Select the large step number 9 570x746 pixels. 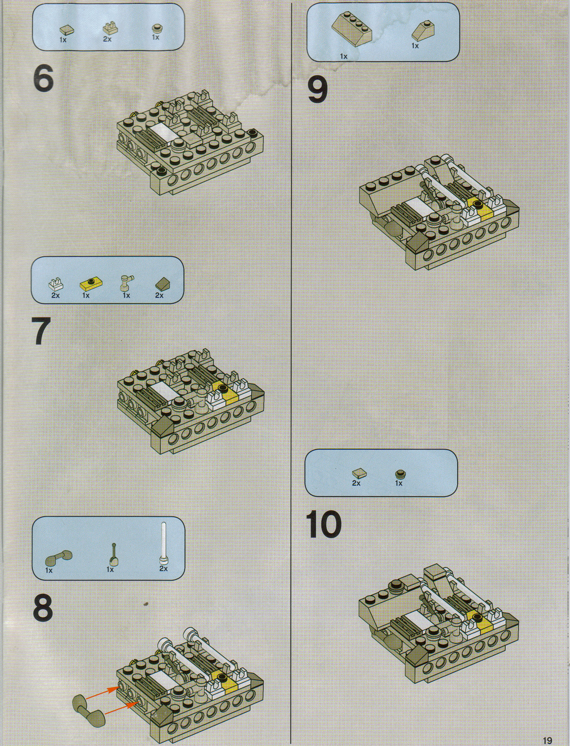[317, 90]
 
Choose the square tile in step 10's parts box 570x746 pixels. [359, 473]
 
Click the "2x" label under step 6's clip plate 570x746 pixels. [107, 39]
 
